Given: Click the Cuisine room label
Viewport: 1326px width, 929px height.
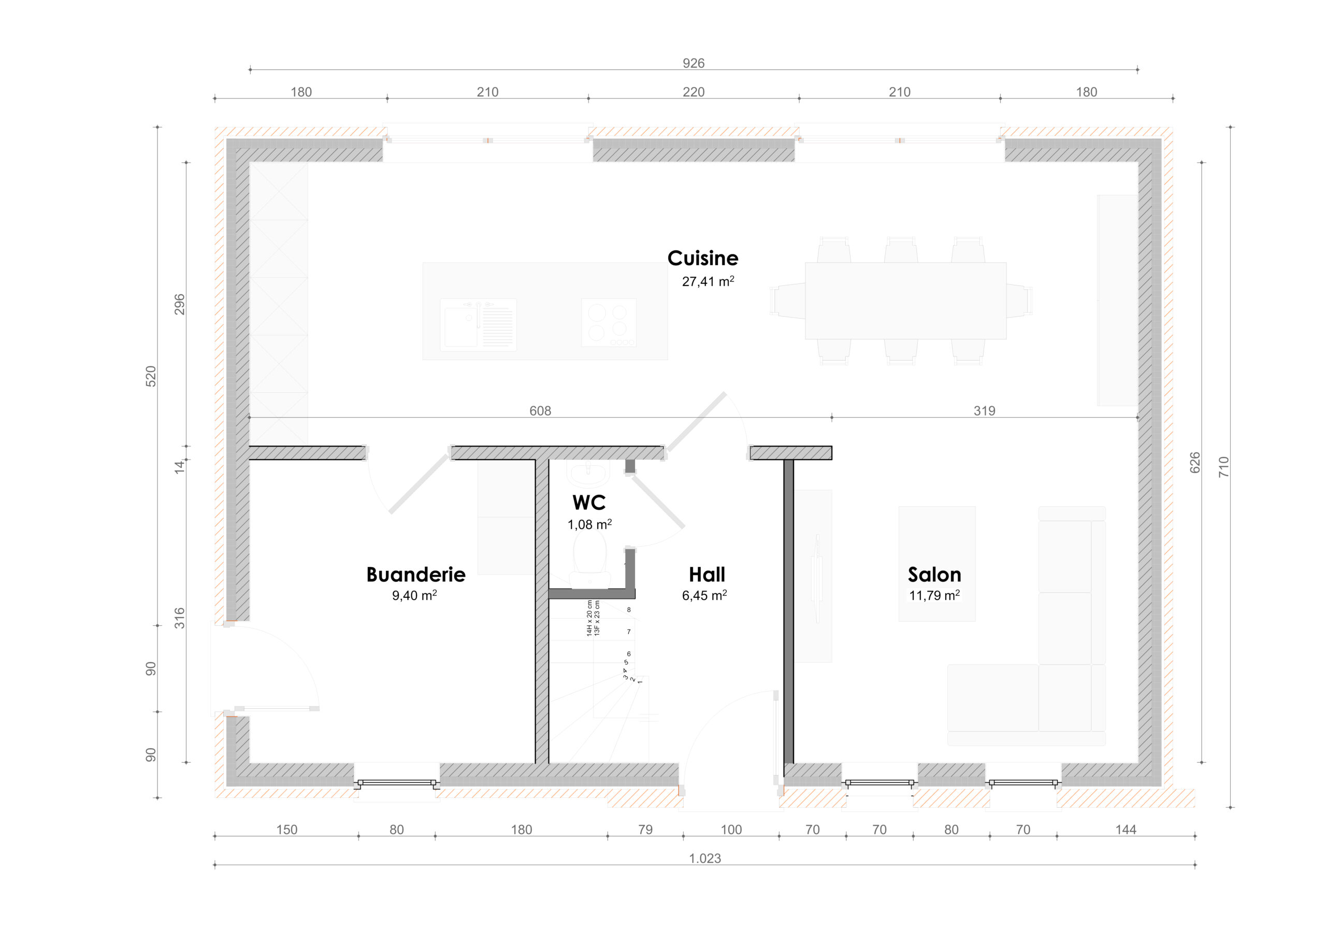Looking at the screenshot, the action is click(703, 258).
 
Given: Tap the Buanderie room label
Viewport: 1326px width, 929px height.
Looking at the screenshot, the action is click(416, 574).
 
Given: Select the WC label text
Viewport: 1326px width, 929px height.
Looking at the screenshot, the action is click(589, 502).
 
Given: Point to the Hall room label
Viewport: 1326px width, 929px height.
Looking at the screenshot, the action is click(707, 574).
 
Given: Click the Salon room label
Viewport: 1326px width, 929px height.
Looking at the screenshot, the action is click(934, 574).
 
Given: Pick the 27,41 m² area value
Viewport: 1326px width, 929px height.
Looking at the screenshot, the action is click(708, 281).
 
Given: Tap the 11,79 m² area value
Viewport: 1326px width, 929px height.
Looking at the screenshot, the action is click(934, 595).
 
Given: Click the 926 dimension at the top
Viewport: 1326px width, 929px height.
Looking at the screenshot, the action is click(694, 63).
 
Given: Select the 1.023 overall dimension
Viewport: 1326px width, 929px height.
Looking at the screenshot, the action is click(705, 859).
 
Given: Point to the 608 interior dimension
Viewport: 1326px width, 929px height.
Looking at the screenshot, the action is click(540, 411).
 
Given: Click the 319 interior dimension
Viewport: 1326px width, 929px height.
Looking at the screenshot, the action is click(985, 411).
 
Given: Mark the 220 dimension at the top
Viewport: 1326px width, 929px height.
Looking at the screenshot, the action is click(694, 92).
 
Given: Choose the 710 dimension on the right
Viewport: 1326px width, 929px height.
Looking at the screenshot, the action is click(1223, 467).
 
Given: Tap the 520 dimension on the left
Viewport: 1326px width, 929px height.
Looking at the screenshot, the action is click(151, 376).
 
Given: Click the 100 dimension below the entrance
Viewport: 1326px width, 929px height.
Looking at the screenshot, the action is click(731, 830).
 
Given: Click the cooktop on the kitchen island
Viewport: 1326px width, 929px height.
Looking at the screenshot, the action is click(609, 322).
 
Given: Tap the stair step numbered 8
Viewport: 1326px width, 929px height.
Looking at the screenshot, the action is click(629, 609).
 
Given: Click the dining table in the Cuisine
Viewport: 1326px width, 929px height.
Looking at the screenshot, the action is click(905, 301).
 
